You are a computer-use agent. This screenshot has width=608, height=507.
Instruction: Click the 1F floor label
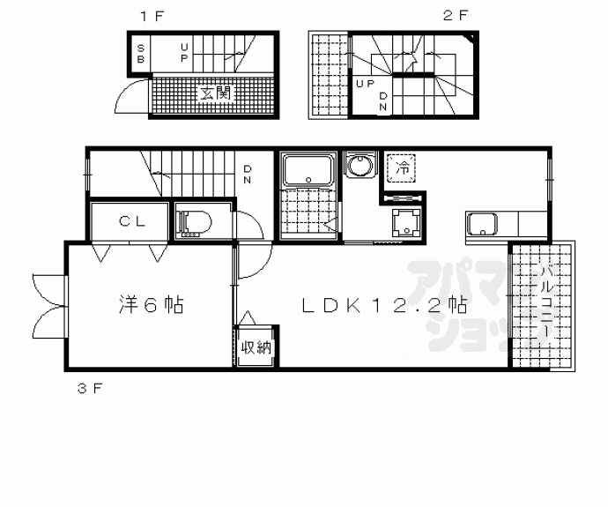[152, 16]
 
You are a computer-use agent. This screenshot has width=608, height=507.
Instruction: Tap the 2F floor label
[456, 16]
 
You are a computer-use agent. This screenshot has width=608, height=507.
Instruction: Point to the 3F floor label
[90, 388]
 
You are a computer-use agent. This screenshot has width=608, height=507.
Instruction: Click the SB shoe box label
[141, 54]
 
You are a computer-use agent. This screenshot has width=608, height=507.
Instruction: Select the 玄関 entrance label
[215, 93]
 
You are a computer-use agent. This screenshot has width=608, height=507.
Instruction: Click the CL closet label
[132, 221]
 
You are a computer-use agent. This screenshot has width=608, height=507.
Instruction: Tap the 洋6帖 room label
[151, 304]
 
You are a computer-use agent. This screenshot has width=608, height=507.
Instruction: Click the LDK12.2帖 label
[384, 305]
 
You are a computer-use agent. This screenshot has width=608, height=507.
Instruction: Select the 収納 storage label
[256, 347]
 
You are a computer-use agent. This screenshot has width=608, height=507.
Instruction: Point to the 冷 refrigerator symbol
[402, 168]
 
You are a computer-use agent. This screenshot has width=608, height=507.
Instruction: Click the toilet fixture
[194, 223]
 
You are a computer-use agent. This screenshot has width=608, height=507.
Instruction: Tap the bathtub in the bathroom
[308, 170]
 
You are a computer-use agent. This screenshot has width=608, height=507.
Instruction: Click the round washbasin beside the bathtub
[360, 166]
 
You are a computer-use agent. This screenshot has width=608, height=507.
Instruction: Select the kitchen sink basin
[482, 225]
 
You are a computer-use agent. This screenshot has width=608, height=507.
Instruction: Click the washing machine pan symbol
[406, 223]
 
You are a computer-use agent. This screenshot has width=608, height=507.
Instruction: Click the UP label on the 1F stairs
[184, 53]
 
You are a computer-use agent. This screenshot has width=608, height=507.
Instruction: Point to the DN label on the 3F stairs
[247, 175]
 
